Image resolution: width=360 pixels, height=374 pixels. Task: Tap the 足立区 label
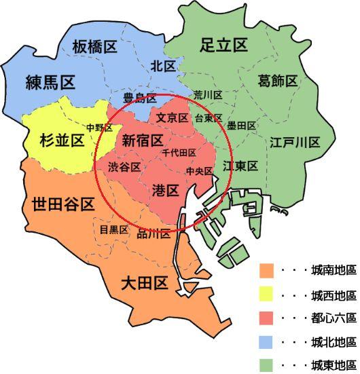point(223,45)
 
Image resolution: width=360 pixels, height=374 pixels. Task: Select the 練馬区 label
point(50,82)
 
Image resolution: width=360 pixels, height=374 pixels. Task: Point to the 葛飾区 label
point(278,81)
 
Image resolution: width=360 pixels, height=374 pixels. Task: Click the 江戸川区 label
point(294,142)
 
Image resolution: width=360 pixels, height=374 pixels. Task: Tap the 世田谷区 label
point(62,204)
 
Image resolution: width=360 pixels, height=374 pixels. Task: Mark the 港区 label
point(166,191)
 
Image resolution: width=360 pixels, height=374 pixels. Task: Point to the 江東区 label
point(240,166)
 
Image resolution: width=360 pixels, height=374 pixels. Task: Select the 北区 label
point(164,66)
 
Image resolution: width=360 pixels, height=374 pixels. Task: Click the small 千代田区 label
point(179,153)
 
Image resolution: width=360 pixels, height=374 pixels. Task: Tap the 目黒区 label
point(113,229)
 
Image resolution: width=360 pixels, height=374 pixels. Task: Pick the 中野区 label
point(100,128)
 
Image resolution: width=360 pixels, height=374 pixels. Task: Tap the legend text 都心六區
point(333,317)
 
